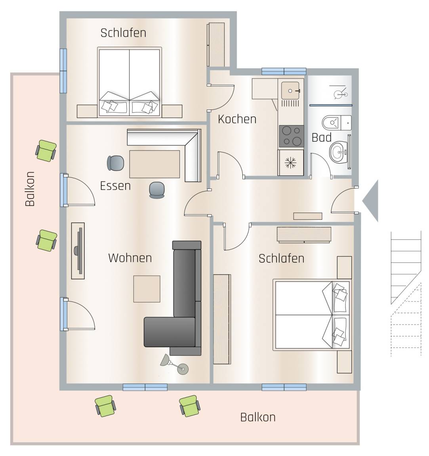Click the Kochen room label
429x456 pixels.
[x=237, y=119]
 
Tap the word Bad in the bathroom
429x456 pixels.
[x=321, y=138]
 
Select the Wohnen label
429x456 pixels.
[x=130, y=258]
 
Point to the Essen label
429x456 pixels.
[x=115, y=186]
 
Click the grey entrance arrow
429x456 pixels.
[x=370, y=201]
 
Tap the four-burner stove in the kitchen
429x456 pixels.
[x=291, y=136]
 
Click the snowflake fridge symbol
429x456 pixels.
[x=290, y=163]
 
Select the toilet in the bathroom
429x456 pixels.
[x=336, y=123]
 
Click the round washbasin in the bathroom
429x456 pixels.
[x=338, y=152]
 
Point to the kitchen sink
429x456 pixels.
[x=290, y=90]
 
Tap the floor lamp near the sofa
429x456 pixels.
[x=175, y=365]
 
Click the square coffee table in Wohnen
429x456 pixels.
[x=147, y=289]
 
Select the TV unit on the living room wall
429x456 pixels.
[x=78, y=251]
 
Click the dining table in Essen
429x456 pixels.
[x=154, y=164]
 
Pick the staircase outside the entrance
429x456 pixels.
[x=406, y=294]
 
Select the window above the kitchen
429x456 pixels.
[x=284, y=71]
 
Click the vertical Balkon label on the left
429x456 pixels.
[x=30, y=189]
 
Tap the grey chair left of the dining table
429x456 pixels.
[x=116, y=163]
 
